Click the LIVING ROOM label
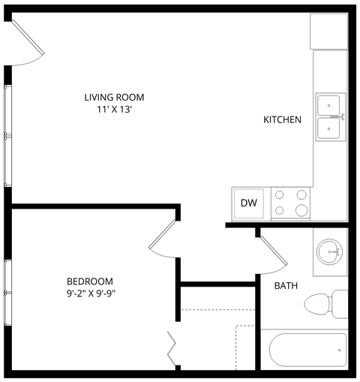114,97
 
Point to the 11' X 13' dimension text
114,109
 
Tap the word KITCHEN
282,119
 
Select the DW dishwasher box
248,202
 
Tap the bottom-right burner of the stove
301,209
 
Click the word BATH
286,286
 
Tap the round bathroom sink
330,252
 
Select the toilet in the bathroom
325,303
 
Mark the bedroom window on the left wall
7,293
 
